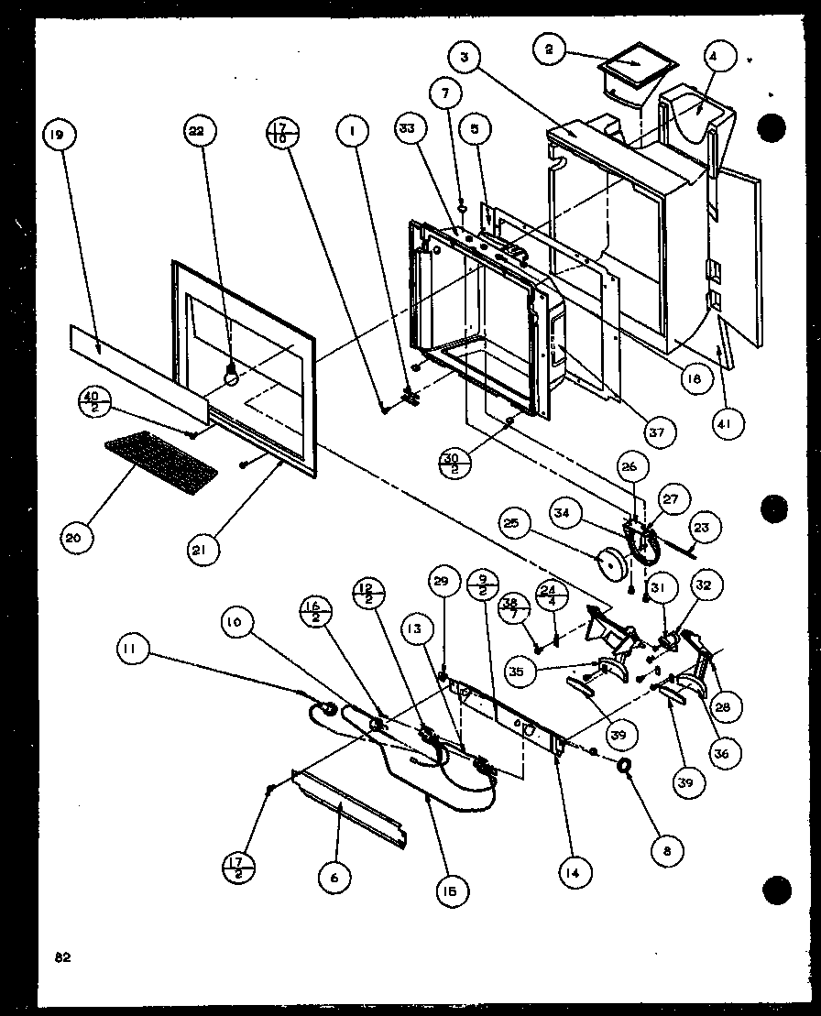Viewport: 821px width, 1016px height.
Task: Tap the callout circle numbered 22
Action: [x=197, y=132]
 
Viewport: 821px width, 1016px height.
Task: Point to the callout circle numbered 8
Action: [x=667, y=851]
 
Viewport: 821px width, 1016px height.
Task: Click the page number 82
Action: [x=62, y=957]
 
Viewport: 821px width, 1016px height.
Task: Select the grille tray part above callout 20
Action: [x=161, y=458]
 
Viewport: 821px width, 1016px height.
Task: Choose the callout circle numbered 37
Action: [x=658, y=431]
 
